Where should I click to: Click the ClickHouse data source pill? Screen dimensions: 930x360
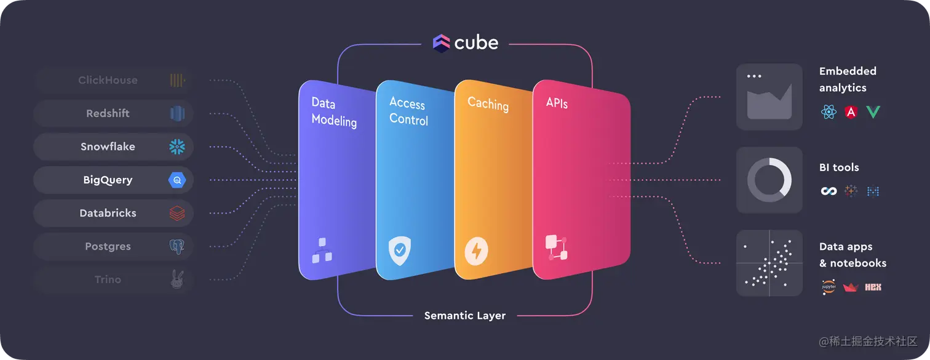114,80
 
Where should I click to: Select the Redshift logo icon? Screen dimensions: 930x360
177,113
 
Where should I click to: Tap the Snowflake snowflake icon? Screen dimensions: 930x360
177,146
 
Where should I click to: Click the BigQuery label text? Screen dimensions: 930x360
108,180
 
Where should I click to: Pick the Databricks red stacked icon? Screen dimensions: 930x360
177,213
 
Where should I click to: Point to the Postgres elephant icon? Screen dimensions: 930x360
177,247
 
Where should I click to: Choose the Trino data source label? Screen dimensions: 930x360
108,279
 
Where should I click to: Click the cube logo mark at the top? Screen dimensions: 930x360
442,42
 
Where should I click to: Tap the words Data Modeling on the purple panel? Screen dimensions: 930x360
334,111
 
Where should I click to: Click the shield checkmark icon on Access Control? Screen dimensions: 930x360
400,250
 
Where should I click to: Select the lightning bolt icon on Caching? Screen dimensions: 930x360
477,251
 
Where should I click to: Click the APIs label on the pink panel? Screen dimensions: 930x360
557,103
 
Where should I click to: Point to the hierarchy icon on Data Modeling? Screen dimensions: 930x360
322,250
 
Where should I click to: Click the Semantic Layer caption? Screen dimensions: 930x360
465,316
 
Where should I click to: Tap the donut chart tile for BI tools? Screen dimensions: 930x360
769,180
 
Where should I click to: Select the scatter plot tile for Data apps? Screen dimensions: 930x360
769,263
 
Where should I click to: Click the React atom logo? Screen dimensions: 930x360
829,112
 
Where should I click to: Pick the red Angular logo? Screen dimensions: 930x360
851,112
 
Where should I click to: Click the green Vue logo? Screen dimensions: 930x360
873,112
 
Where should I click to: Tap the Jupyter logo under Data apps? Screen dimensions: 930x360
829,287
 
